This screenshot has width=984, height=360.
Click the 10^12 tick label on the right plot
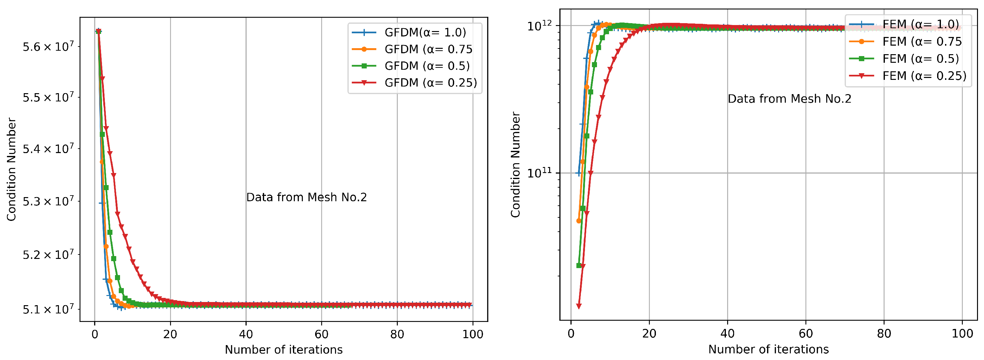539,26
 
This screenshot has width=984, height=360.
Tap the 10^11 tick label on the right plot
539,173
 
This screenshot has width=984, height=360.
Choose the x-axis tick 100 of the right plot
962,334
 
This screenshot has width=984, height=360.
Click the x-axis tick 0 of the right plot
571,334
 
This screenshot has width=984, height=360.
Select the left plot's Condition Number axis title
11,169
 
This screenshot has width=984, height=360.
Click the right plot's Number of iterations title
768,349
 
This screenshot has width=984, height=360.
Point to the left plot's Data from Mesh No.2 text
306,197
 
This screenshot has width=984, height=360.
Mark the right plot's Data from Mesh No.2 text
789,99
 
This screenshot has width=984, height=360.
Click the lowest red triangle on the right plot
579,306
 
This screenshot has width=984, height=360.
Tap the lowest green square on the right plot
579,266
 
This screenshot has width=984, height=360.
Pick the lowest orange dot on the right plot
579,221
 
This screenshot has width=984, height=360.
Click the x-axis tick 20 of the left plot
170,334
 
